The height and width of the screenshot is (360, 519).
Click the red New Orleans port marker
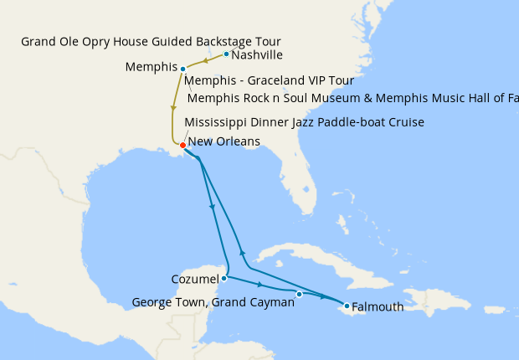[x=182, y=146]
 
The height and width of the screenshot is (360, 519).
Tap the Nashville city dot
[x=226, y=54]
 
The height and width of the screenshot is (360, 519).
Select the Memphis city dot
[x=182, y=69]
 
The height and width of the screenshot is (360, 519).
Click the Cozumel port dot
[x=224, y=278]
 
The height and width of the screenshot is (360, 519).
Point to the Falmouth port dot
[x=347, y=306]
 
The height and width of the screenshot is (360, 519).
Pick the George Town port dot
[x=299, y=294]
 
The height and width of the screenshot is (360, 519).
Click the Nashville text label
[x=257, y=55]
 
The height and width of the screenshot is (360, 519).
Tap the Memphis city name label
[x=150, y=66]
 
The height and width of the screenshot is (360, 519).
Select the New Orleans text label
[x=224, y=141]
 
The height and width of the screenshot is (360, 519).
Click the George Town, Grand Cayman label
[x=213, y=302]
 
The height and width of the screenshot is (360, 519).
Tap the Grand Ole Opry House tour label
[x=151, y=41]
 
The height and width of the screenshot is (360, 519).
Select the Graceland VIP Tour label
[x=269, y=81]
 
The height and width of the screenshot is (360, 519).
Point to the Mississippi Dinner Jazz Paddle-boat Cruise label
[x=304, y=122]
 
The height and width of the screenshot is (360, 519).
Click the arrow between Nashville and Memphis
[x=205, y=61]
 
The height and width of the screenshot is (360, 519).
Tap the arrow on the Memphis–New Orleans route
[x=173, y=107]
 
